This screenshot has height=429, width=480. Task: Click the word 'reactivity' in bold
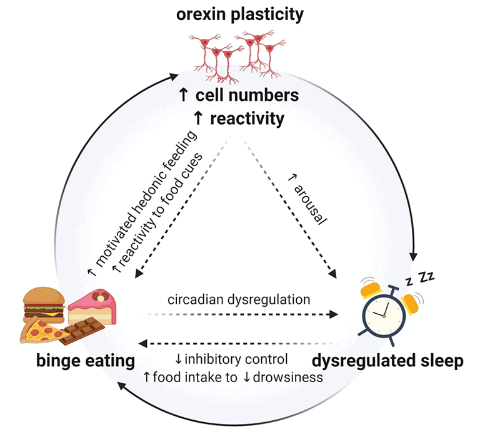pos(247,118)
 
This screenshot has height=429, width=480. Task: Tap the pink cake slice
pos(92,307)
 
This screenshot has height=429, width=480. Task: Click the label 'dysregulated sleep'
pos(387,361)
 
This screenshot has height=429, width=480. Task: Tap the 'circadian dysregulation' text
pos(239,299)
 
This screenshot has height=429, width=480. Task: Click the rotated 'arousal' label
pos(306,197)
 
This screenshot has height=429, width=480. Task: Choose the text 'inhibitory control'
pos(239,359)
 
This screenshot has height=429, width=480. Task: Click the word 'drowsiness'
pos(288,377)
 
